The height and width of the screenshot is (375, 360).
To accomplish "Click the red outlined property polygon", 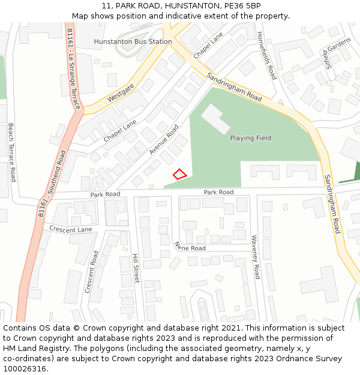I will (x=179, y=174).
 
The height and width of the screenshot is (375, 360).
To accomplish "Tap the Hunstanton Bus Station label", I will (x=133, y=41).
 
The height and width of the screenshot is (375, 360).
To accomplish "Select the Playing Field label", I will (x=251, y=138).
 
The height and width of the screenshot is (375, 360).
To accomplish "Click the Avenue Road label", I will (x=164, y=140).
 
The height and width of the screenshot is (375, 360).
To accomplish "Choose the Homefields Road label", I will (x=266, y=55).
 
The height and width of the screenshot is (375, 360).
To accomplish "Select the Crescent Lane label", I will (x=70, y=229).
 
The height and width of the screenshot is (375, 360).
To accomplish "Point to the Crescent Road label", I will (x=91, y=272).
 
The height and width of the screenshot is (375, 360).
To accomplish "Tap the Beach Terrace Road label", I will (x=11, y=152).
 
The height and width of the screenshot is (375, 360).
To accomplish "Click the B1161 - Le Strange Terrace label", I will (x=74, y=68).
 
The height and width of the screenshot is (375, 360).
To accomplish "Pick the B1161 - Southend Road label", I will (x=52, y=183).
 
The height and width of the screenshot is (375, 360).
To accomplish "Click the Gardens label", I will (x=339, y=44).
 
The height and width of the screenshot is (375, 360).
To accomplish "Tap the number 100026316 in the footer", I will (x=25, y=368).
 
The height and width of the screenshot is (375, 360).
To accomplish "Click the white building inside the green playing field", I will (x=215, y=118).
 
